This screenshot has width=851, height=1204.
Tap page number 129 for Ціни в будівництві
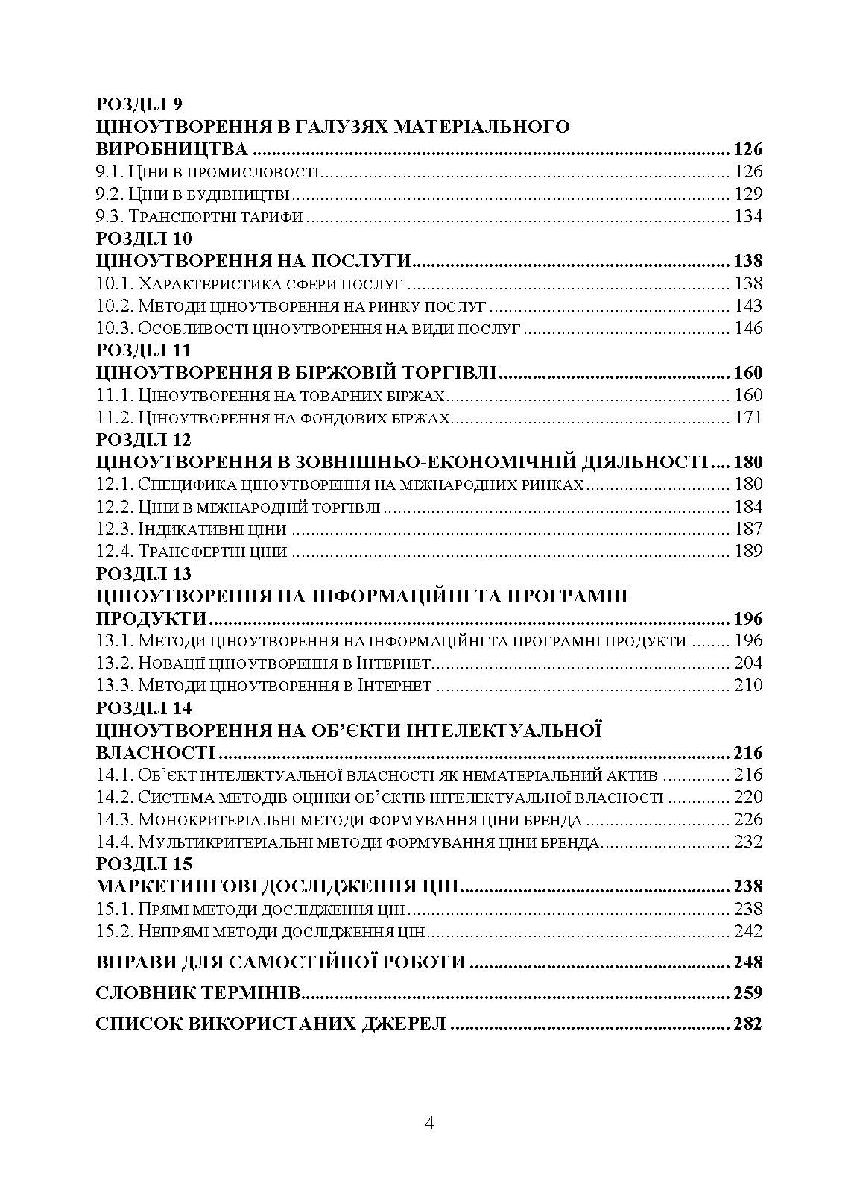(x=748, y=195)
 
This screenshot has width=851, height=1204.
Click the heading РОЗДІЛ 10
(x=144, y=239)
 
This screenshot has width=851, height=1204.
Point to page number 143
(x=748, y=306)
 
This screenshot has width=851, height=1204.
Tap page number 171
(x=748, y=417)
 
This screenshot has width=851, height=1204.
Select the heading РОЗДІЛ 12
(x=144, y=440)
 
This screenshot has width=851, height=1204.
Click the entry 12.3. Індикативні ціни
(x=192, y=529)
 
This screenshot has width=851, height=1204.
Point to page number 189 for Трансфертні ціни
(x=748, y=552)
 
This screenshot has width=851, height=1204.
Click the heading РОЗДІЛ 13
(x=144, y=574)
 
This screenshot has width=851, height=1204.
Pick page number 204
(x=748, y=664)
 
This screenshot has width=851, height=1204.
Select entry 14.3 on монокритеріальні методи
(x=339, y=820)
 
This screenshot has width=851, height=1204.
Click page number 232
(x=748, y=842)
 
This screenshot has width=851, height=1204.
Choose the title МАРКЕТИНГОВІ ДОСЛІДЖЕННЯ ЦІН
(x=277, y=887)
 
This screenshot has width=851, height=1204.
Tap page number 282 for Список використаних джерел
(x=747, y=1024)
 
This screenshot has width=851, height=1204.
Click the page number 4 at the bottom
(x=428, y=1123)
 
